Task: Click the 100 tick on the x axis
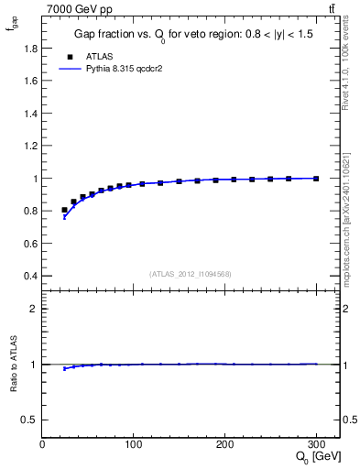coord(134,444)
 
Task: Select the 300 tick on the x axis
coord(315,444)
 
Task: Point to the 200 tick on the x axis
coord(224,444)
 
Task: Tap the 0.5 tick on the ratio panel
coord(30,420)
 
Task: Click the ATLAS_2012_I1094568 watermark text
coord(191,274)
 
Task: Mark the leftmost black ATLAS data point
coord(64,211)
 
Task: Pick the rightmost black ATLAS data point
coord(316,179)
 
